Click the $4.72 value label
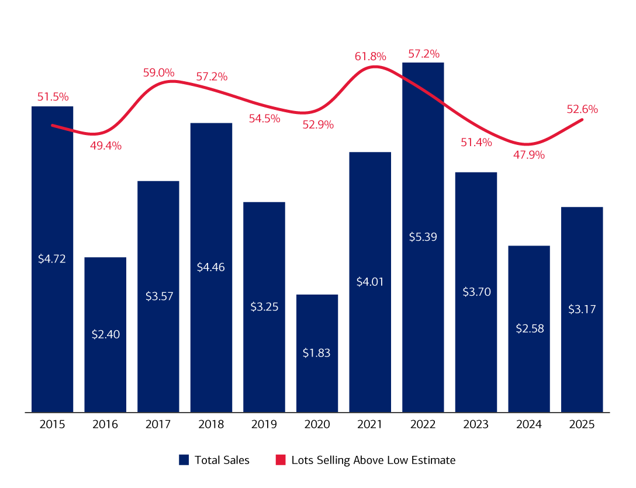[x=52, y=258]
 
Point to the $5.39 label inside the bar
[x=423, y=237]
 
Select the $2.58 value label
[x=529, y=328]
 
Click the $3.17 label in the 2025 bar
[x=582, y=309]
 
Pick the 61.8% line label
[x=370, y=57]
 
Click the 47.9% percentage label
[x=529, y=155]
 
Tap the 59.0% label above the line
[x=158, y=73]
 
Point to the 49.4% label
[x=105, y=146]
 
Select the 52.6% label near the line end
[x=582, y=109]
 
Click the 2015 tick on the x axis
[x=52, y=425]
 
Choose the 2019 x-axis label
[x=264, y=425]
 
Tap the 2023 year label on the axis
[x=476, y=425]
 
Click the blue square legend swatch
[x=184, y=461]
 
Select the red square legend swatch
[x=280, y=461]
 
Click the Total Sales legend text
[x=222, y=461]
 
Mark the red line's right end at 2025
[x=582, y=119]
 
